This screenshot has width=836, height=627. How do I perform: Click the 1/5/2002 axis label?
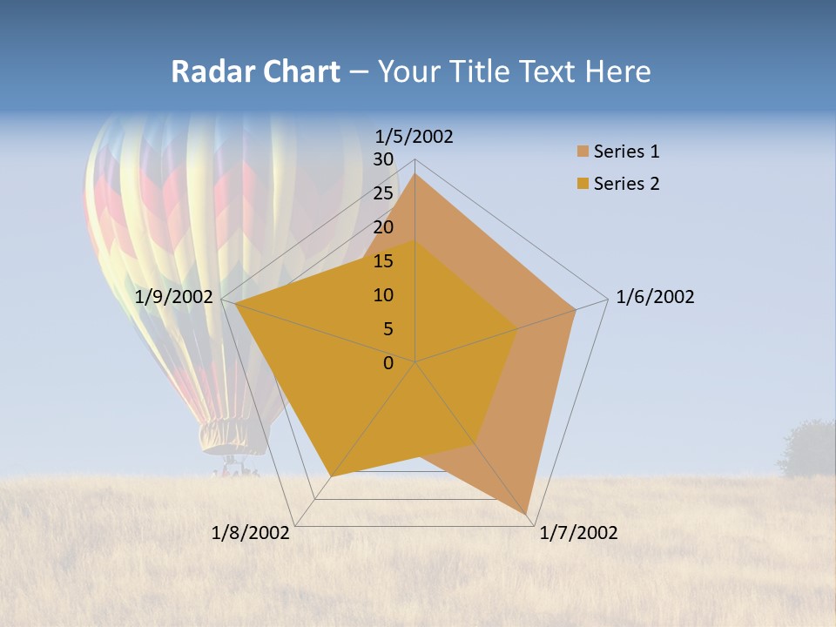(x=414, y=137)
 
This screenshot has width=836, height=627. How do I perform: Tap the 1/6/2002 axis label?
(x=655, y=297)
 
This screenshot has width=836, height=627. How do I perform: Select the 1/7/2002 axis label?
(x=578, y=533)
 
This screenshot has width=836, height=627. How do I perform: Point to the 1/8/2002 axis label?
(x=251, y=533)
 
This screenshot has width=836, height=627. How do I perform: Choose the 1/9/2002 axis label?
(x=174, y=297)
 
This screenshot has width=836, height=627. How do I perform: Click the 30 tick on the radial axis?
(x=383, y=159)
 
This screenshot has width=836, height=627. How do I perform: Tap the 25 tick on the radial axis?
(x=383, y=193)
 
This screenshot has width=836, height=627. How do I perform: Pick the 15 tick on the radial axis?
(x=383, y=261)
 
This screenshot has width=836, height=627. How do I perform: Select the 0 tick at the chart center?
(x=388, y=363)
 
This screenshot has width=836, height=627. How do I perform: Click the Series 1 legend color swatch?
(x=583, y=152)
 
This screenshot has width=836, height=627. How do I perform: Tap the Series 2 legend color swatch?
(x=583, y=184)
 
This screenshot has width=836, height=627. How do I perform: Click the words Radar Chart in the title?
(x=255, y=71)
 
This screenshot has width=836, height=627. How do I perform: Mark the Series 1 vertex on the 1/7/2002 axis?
(x=528, y=515)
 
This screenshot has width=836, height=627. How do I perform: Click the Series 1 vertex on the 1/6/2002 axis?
(x=576, y=309)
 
